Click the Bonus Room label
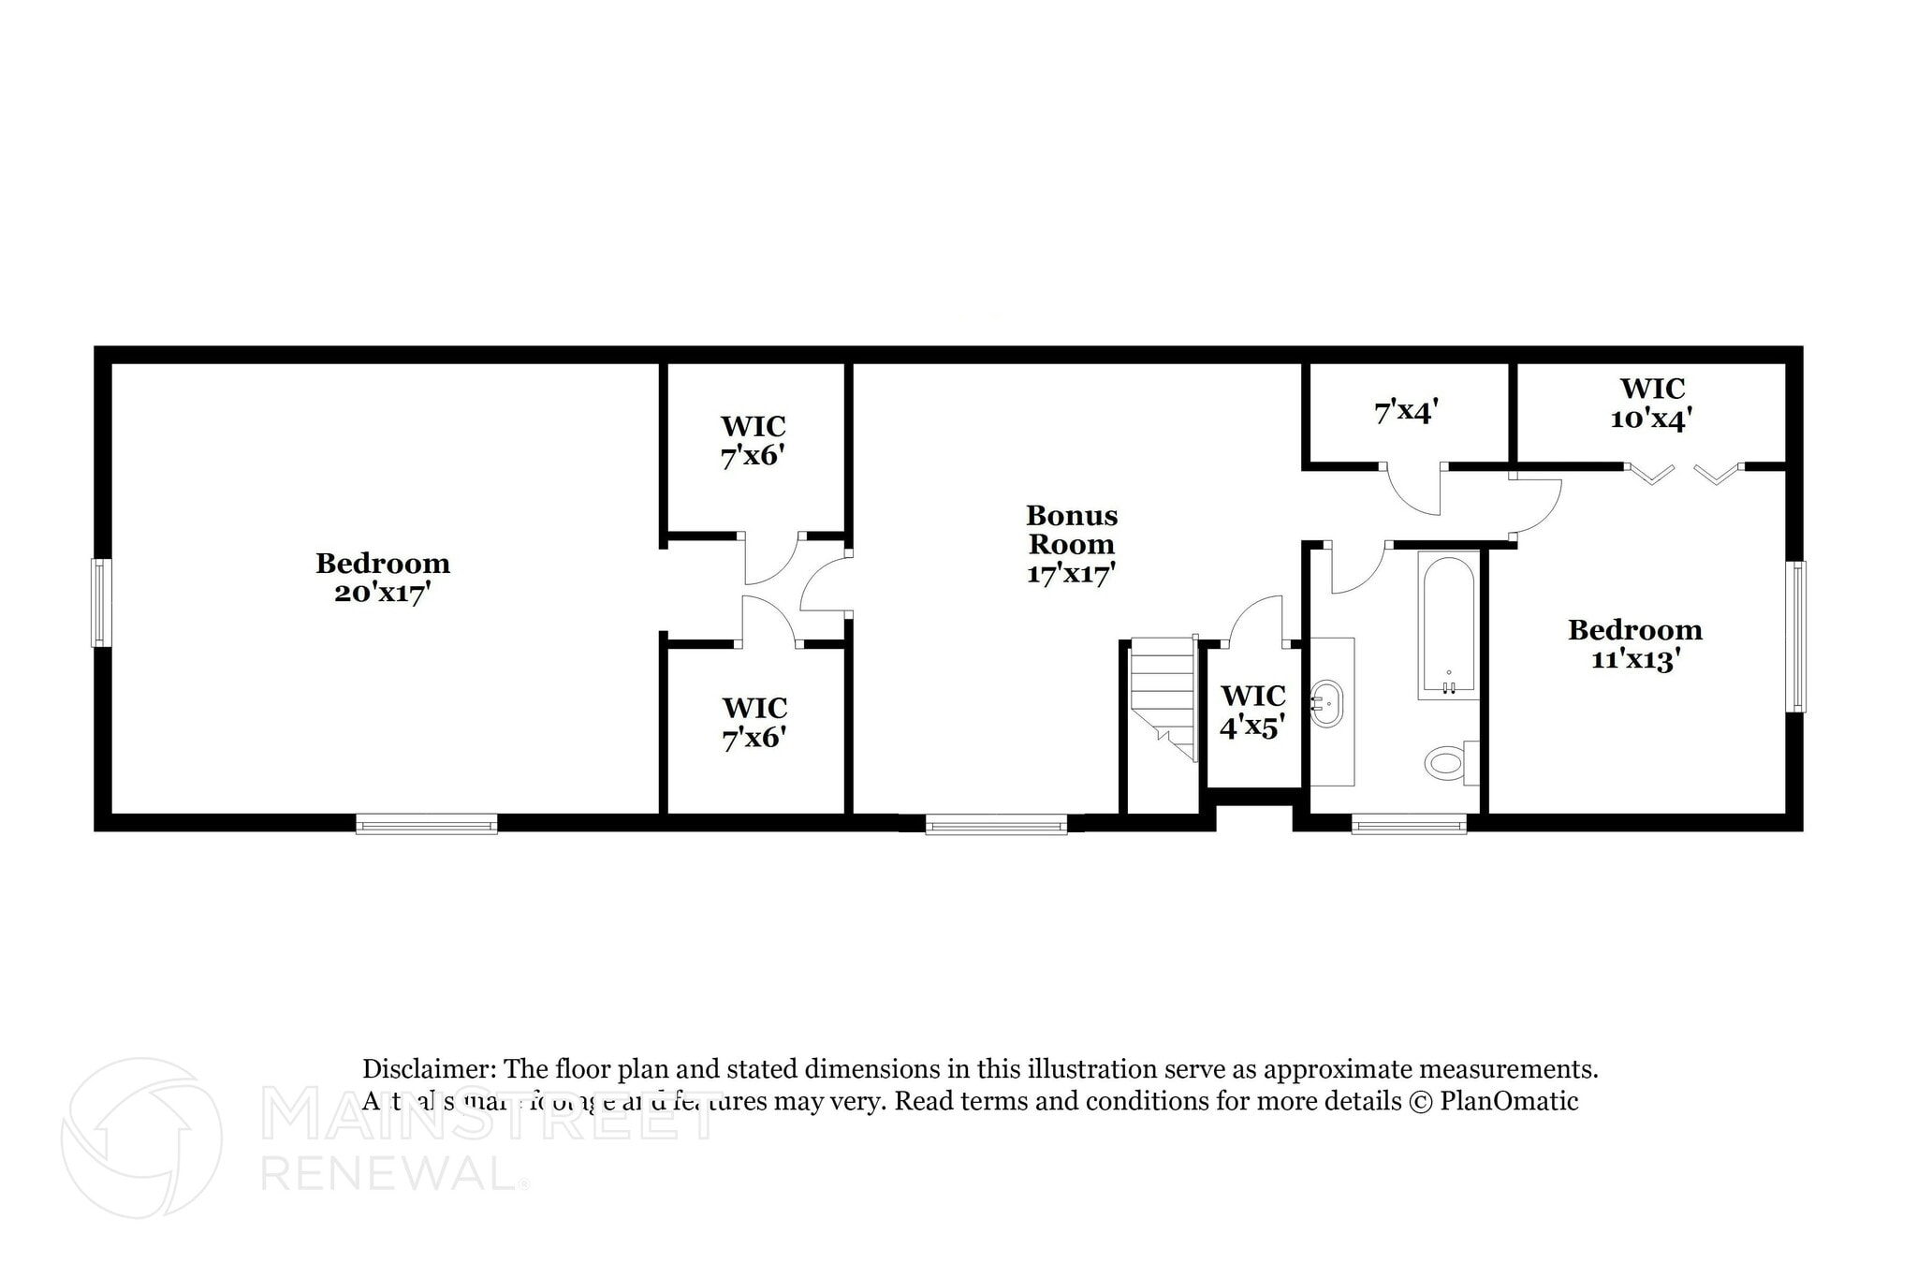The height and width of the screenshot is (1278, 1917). click(1072, 530)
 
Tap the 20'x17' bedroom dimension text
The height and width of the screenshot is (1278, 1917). click(382, 594)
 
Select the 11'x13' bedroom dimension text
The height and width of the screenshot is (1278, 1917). click(1635, 660)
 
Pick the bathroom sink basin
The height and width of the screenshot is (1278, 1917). click(1325, 704)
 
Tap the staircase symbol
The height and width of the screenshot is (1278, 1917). click(1163, 697)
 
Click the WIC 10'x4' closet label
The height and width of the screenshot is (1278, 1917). click(1652, 404)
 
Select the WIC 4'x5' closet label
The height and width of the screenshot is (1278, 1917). click(1252, 711)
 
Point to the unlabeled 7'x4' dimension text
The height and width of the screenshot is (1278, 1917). click(1406, 412)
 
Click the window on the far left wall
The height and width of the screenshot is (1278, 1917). click(101, 602)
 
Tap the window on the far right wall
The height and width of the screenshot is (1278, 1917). click(1795, 636)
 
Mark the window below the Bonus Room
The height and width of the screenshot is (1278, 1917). click(996, 824)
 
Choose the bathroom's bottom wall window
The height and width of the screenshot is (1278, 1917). click(1409, 824)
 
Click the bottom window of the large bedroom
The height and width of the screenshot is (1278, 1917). click(427, 824)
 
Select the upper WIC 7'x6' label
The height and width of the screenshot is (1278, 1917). click(753, 441)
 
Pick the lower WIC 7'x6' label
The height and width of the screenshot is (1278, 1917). click(754, 722)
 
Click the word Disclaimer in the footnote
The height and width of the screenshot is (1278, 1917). click(429, 1069)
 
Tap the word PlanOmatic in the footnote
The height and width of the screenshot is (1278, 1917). click(1509, 1101)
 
